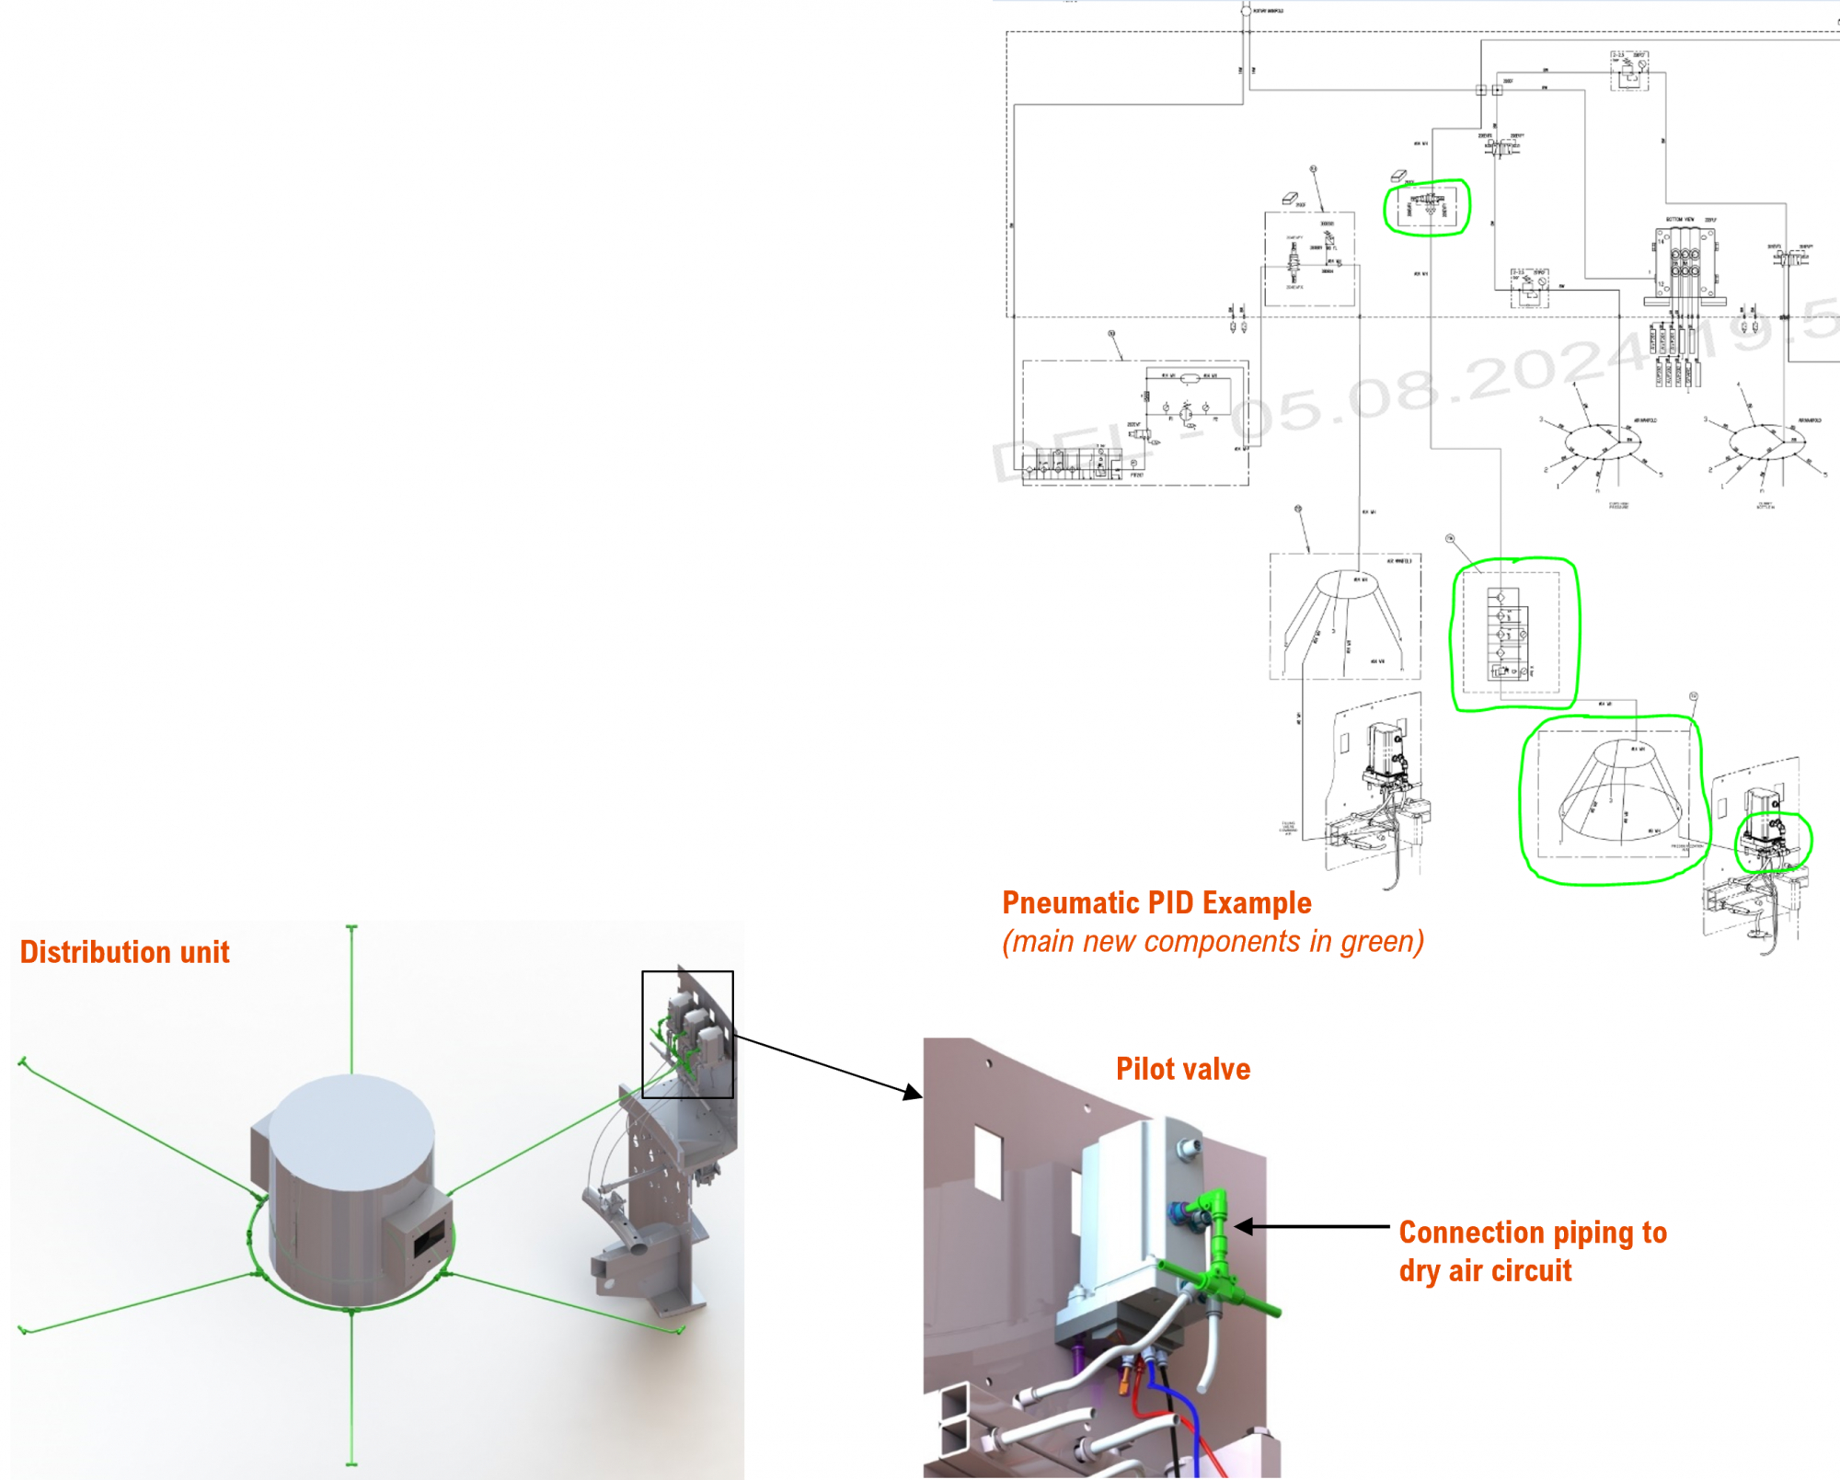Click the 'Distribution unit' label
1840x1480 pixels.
click(x=124, y=952)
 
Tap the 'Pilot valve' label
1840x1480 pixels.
click(x=1182, y=1069)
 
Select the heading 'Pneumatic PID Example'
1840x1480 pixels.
click(x=1156, y=902)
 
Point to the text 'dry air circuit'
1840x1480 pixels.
click(x=1485, y=1270)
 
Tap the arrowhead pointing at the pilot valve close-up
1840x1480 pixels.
click(x=913, y=1092)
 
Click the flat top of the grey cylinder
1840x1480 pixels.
click(x=351, y=1131)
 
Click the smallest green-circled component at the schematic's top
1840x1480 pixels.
click(x=1427, y=207)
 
